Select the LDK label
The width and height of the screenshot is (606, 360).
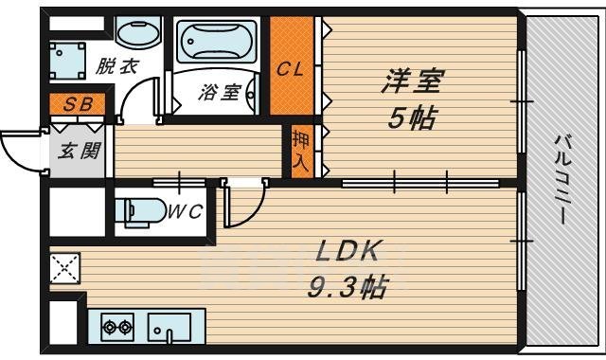(x=348, y=251)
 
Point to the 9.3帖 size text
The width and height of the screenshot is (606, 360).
(x=348, y=287)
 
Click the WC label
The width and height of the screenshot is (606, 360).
(x=186, y=212)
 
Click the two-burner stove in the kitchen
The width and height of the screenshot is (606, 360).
(x=116, y=328)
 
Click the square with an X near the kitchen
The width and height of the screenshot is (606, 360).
(x=65, y=269)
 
